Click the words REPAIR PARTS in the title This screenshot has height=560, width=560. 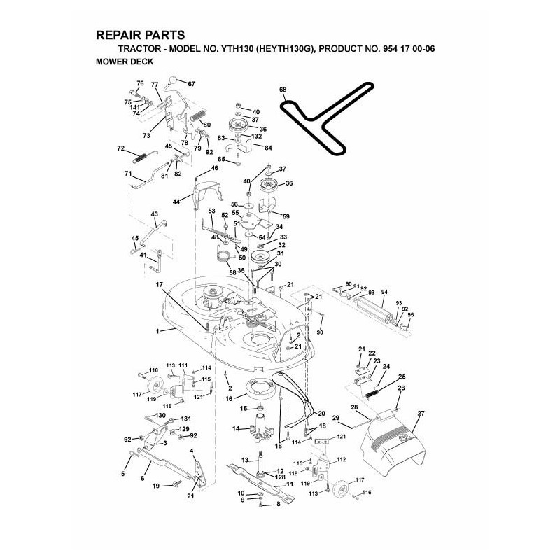tap(139, 35)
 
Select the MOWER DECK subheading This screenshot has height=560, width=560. tap(123, 61)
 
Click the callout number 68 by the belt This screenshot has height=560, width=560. tap(283, 90)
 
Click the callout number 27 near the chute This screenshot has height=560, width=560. tap(421, 414)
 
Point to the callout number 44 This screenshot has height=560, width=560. tap(176, 202)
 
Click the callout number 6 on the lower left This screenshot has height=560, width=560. tap(142, 479)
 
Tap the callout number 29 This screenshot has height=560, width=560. tap(335, 419)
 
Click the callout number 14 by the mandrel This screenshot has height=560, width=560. tap(235, 428)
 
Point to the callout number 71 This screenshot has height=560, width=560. tap(128, 173)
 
